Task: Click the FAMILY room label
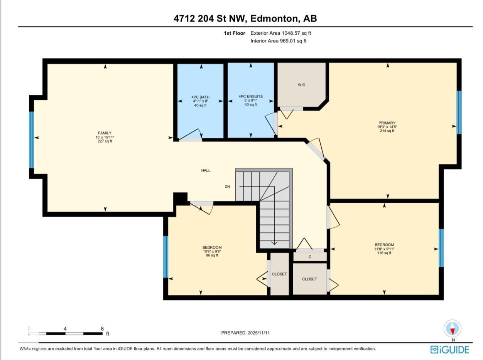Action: [105, 133]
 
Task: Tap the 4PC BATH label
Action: [200, 97]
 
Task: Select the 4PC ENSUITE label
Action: [250, 96]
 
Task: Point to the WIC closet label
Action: [301, 85]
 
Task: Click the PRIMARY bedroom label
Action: [387, 123]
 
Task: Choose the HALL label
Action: [206, 170]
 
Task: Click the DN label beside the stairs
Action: [227, 187]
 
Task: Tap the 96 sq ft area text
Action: [212, 255]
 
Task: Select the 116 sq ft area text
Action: [384, 253]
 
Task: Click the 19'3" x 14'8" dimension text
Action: [387, 127]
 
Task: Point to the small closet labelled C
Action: [310, 257]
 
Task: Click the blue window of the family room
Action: [32, 140]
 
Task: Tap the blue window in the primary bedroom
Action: [459, 112]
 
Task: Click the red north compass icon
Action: [452, 329]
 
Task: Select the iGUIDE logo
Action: [450, 350]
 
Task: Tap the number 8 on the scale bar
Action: [102, 329]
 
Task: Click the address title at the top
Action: [245, 19]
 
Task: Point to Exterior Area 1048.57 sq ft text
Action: [280, 33]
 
